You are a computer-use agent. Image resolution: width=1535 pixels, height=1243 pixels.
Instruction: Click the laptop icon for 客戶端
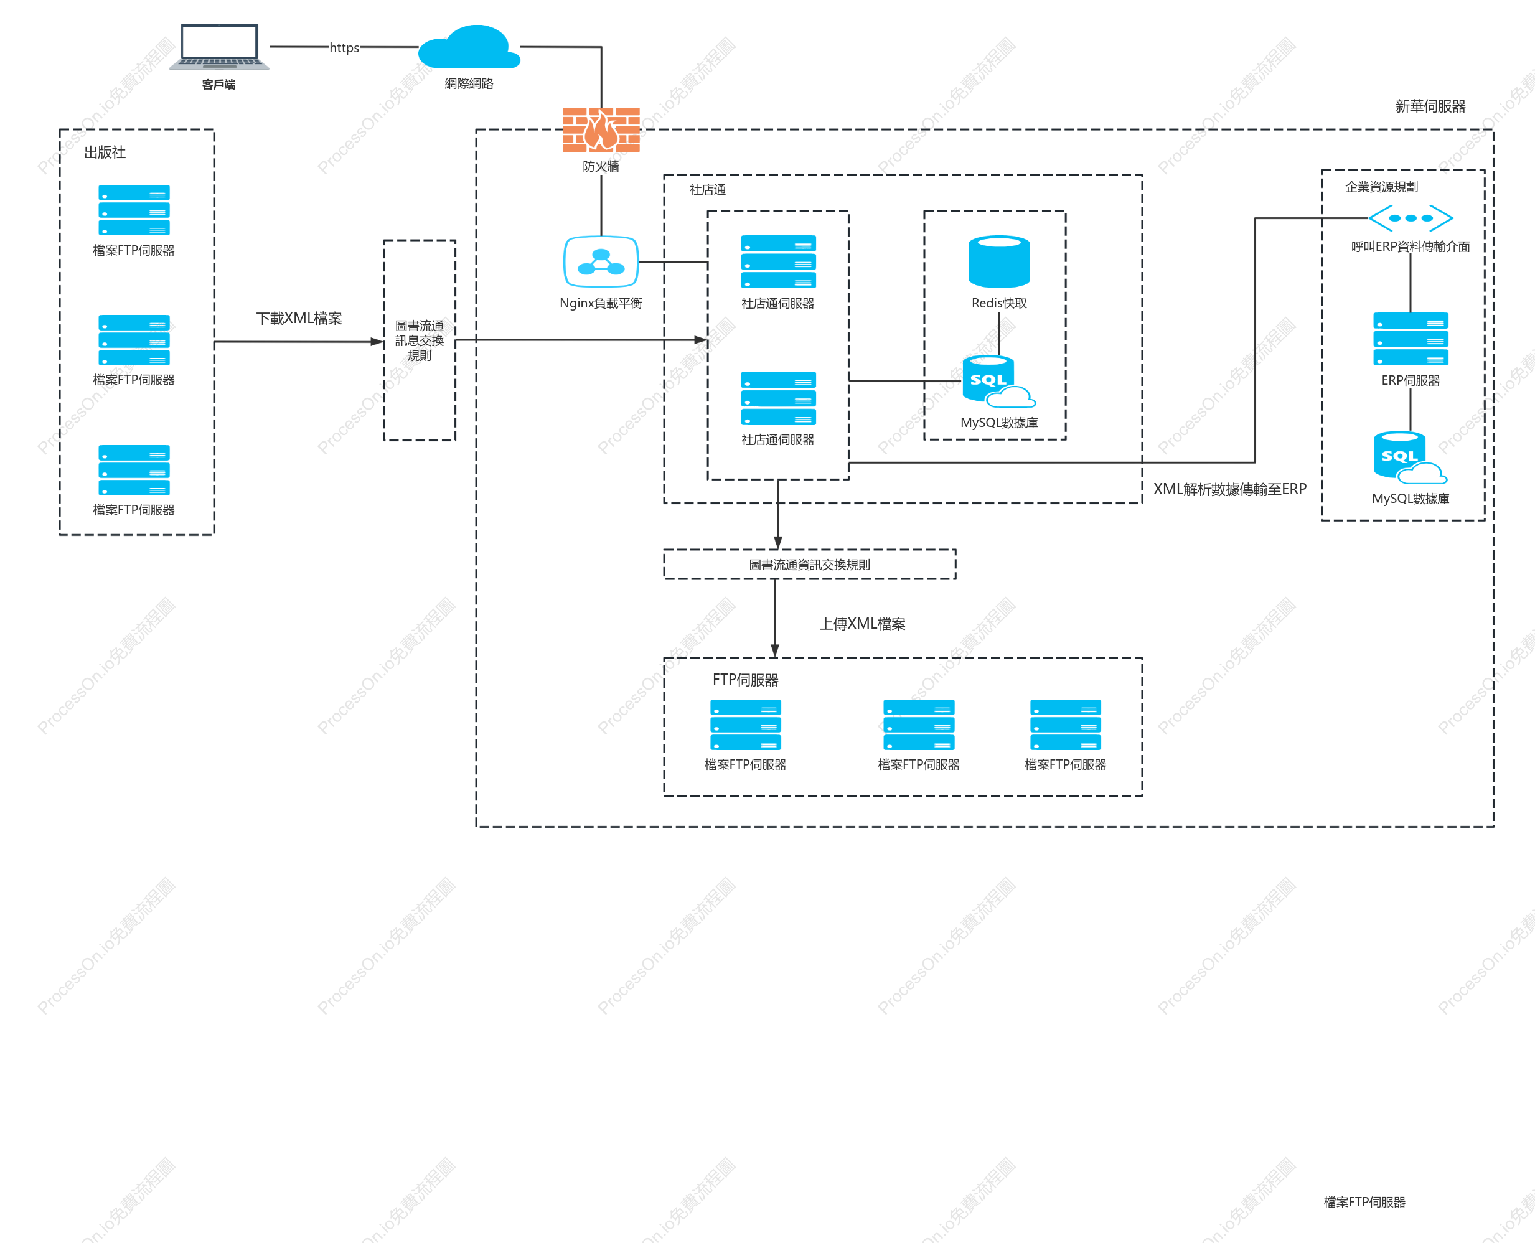(x=219, y=47)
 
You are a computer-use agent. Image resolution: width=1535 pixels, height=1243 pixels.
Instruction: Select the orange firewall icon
(x=601, y=129)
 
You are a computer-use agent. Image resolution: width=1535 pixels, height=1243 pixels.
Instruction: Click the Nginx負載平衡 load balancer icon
(x=601, y=262)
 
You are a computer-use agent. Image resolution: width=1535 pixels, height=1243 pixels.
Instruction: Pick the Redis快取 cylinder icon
(x=999, y=262)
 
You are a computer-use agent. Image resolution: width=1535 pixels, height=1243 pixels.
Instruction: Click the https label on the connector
(x=344, y=48)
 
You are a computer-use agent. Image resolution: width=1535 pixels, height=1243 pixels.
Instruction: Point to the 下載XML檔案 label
(x=299, y=318)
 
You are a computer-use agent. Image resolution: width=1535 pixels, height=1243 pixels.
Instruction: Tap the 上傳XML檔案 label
(x=862, y=624)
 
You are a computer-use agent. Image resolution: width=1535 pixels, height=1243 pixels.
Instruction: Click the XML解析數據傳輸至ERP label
(x=1229, y=489)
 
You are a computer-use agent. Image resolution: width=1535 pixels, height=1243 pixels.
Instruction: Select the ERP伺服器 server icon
(x=1411, y=339)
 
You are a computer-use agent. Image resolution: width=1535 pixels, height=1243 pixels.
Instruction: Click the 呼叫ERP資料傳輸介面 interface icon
(x=1411, y=218)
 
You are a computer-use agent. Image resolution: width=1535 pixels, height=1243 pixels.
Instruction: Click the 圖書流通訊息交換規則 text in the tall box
(x=420, y=340)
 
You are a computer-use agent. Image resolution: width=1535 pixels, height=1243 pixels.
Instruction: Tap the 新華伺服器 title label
(x=1430, y=106)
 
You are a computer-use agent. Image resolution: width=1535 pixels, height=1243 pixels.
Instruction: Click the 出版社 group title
(x=105, y=152)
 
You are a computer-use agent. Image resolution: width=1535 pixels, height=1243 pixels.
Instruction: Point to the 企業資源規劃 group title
(x=1381, y=187)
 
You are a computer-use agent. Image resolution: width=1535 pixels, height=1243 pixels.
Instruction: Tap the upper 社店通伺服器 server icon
(x=778, y=262)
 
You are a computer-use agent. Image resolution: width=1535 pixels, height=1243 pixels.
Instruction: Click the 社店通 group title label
(x=707, y=190)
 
